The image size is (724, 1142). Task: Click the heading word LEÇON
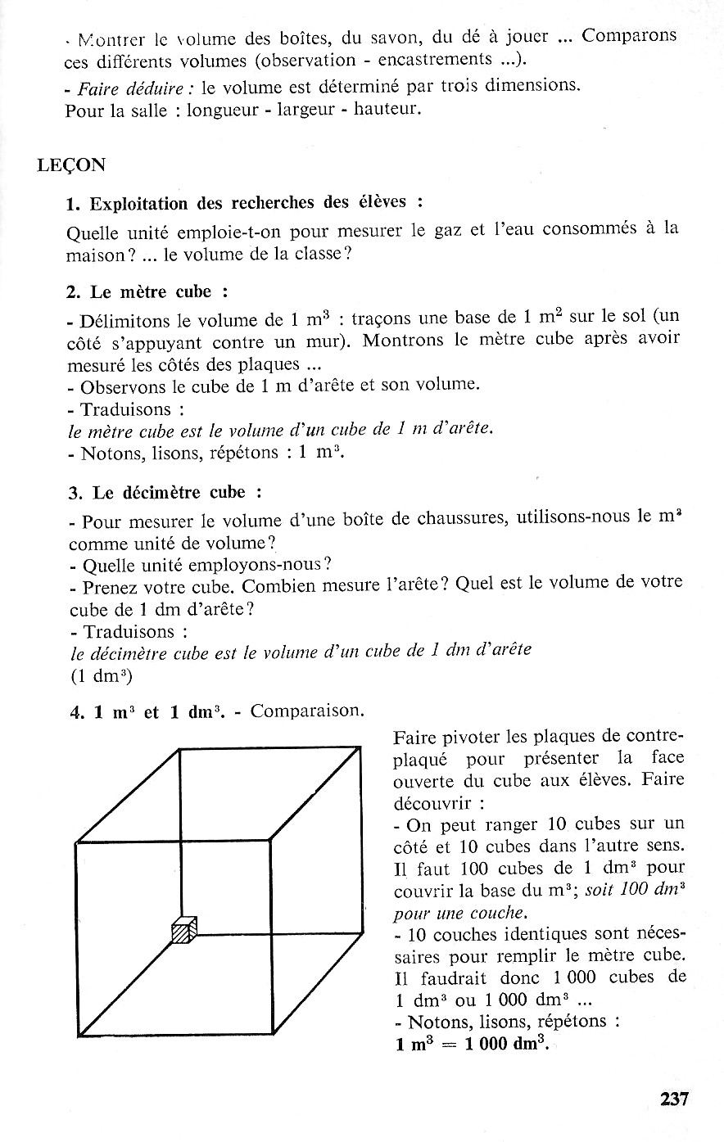point(71,165)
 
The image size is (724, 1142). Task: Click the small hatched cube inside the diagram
point(185,930)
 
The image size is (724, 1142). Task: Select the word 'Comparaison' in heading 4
point(307,711)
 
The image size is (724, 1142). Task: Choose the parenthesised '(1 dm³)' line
point(102,677)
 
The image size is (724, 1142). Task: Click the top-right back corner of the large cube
point(361,747)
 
